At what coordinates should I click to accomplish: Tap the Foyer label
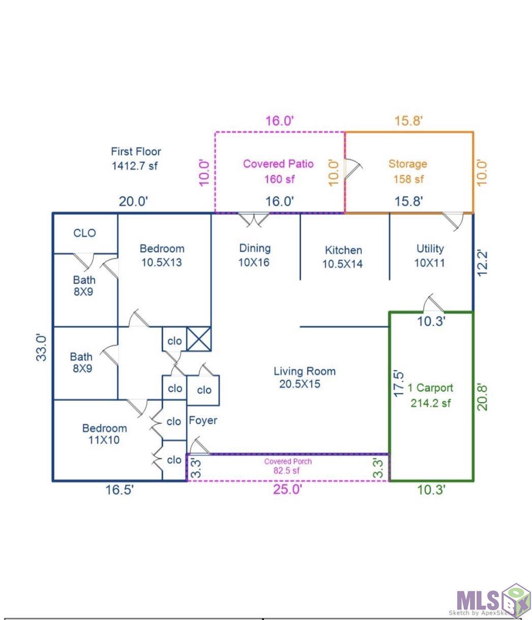tap(203, 420)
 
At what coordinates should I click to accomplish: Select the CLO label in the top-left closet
tap(84, 233)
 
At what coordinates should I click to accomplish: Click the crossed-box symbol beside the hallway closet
tap(199, 339)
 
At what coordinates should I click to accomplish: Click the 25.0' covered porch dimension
tap(287, 490)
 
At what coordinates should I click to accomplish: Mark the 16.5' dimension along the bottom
tap(120, 490)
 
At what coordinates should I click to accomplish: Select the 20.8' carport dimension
tap(483, 397)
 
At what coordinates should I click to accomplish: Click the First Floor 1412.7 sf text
tap(136, 158)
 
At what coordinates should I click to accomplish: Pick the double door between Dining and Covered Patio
tap(254, 219)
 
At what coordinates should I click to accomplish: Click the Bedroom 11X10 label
tap(104, 434)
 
